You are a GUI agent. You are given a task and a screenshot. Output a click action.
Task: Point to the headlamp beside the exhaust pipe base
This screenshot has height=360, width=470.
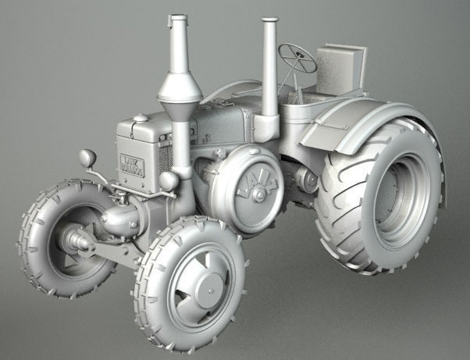[x=168, y=181]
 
